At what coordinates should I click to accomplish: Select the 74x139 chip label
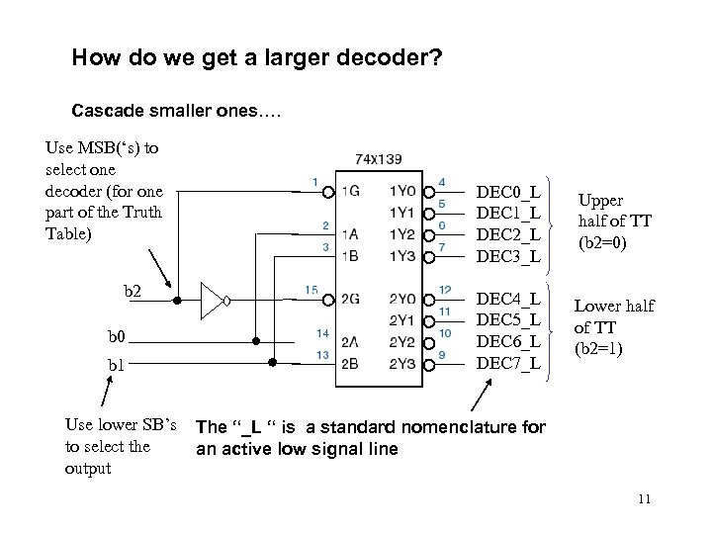pyautogui.click(x=378, y=158)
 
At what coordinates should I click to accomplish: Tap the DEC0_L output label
pyautogui.click(x=508, y=191)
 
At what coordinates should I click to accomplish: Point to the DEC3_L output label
pyautogui.click(x=508, y=256)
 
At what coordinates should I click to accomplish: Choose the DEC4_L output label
pyautogui.click(x=508, y=299)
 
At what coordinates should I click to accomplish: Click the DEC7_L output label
pyautogui.click(x=508, y=364)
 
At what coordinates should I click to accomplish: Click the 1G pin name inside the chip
pyautogui.click(x=352, y=191)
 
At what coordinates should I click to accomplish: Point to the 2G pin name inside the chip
pyautogui.click(x=352, y=300)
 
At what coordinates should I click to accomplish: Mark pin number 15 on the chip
pyautogui.click(x=312, y=290)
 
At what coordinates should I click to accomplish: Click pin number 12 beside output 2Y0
pyautogui.click(x=445, y=290)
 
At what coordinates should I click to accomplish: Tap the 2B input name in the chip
pyautogui.click(x=352, y=364)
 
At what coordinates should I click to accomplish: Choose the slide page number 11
pyautogui.click(x=645, y=497)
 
